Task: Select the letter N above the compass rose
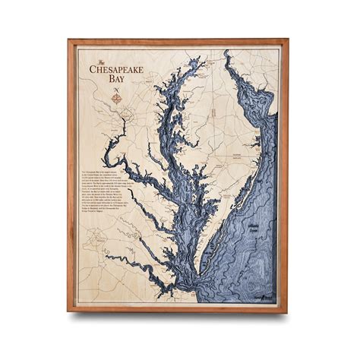click(x=116, y=90)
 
